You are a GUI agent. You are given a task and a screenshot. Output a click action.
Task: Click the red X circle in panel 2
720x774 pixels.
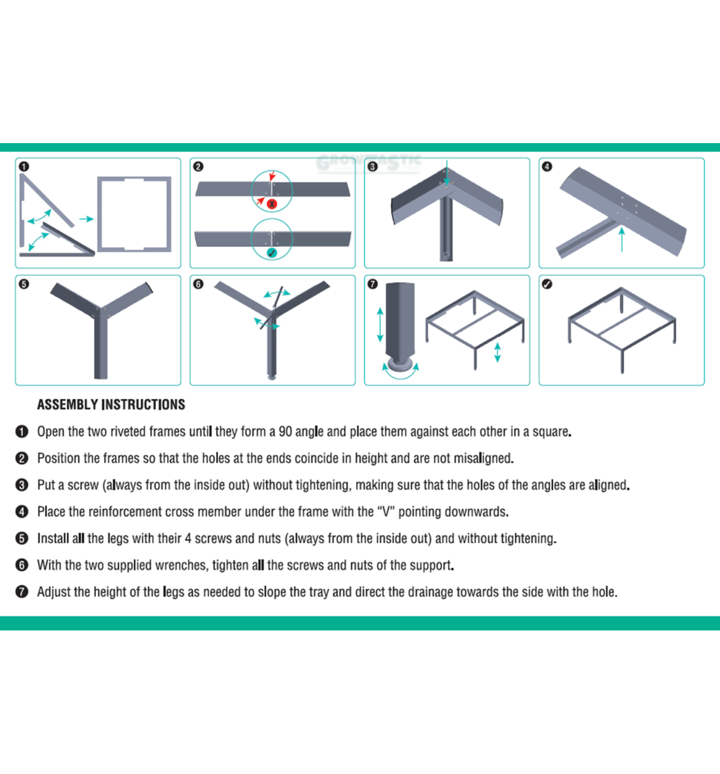point(272,204)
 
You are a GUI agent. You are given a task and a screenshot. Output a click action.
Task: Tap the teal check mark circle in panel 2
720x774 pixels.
point(272,253)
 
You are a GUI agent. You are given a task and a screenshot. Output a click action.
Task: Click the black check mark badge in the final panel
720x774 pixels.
point(547,284)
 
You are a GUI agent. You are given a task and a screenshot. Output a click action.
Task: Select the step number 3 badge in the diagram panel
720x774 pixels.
point(373,166)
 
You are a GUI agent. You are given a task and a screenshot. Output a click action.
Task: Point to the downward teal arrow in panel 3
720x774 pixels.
point(447,173)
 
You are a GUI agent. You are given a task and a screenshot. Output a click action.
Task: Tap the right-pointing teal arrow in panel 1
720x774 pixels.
point(86,219)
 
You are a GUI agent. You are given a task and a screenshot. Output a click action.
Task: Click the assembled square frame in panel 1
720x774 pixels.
point(134,214)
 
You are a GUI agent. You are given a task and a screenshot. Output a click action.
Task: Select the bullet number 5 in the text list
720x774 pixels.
point(22,538)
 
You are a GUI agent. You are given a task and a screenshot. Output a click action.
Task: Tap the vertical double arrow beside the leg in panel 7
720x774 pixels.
point(380,325)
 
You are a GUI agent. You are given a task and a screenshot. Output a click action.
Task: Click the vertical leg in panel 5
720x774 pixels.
point(100,347)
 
